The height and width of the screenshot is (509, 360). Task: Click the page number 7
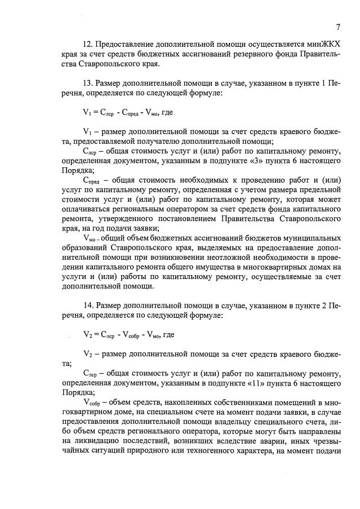[338, 26]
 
